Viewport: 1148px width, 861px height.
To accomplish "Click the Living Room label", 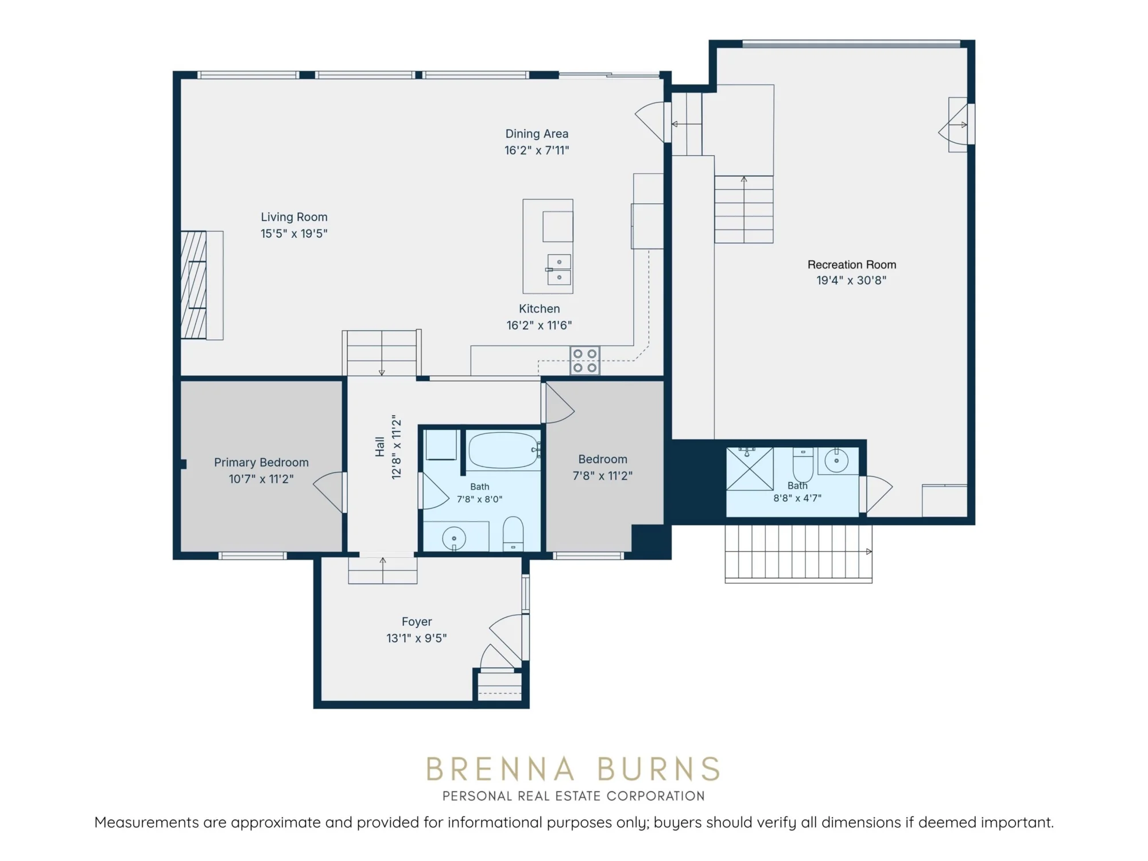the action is pyautogui.click(x=294, y=217).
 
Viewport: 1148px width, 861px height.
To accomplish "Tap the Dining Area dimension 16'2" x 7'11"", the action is pyautogui.click(x=537, y=150).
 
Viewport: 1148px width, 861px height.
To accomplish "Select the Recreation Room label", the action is pyautogui.click(x=852, y=265).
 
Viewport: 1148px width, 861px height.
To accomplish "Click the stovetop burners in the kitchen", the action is pyautogui.click(x=585, y=360).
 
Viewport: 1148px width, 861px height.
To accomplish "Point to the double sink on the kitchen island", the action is pyautogui.click(x=559, y=270).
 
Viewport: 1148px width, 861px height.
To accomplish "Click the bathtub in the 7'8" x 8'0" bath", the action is pyautogui.click(x=504, y=451).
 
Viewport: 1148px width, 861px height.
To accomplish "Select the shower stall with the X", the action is pyautogui.click(x=750, y=469).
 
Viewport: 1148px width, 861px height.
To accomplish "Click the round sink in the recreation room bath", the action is pyautogui.click(x=836, y=461).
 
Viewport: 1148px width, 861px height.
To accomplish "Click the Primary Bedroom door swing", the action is pyautogui.click(x=330, y=492).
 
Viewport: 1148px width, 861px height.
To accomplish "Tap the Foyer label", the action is pyautogui.click(x=417, y=622).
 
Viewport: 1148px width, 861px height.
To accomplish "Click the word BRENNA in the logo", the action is pyautogui.click(x=500, y=769).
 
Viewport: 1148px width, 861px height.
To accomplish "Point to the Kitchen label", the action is pyautogui.click(x=540, y=309).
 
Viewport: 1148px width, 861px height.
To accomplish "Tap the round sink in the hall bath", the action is pyautogui.click(x=454, y=538).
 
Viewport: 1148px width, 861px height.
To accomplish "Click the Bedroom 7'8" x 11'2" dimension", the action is pyautogui.click(x=603, y=476).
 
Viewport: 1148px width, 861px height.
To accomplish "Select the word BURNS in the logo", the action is pyautogui.click(x=658, y=769).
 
